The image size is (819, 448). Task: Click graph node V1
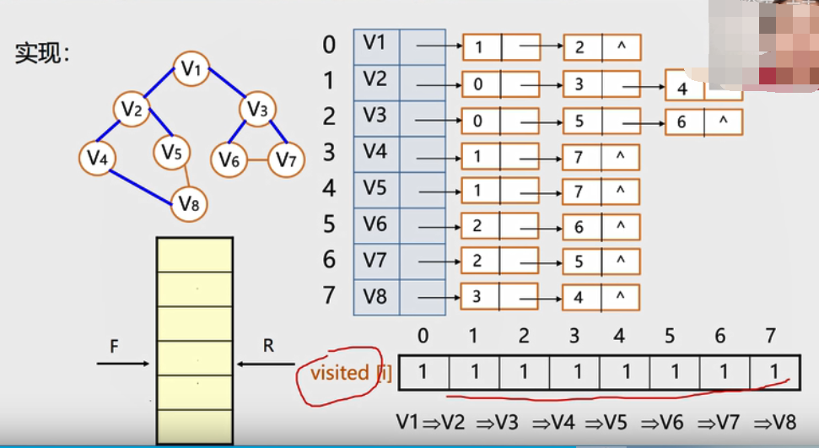191,69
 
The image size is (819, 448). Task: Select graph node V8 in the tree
190,203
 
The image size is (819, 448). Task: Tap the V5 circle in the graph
172,153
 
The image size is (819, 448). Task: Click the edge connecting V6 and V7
251,159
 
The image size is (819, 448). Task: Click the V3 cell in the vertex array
375,116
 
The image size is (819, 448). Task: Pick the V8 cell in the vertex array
375,296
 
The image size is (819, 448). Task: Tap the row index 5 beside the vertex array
329,224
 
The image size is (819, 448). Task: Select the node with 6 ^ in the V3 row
703,122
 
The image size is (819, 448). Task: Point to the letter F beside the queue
114,346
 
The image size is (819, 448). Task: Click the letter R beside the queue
268,345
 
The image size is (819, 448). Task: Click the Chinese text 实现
41,54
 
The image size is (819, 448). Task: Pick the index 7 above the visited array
768,336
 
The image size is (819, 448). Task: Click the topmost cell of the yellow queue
194,255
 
